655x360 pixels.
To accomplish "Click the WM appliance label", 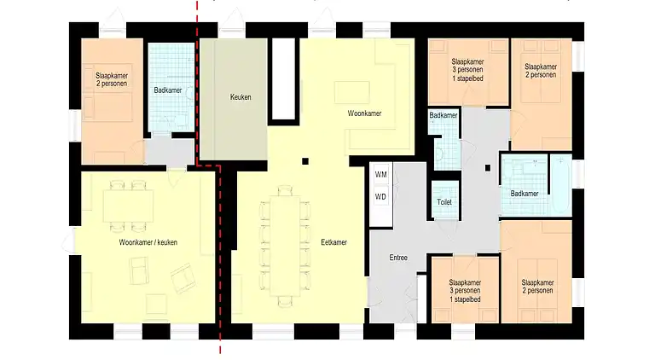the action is click(x=380, y=175).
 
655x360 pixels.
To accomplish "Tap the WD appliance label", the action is click(x=380, y=196).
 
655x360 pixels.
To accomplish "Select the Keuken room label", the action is click(x=241, y=97).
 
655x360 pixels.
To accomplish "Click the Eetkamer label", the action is click(x=333, y=242).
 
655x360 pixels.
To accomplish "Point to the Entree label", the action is click(x=398, y=258).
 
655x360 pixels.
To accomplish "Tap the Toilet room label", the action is click(x=444, y=202).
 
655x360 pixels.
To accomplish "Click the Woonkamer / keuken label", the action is click(x=148, y=242).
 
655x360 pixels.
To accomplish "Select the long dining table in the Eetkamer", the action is click(x=285, y=246).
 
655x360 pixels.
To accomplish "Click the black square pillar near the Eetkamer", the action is click(x=305, y=161).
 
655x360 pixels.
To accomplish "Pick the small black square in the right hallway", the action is click(x=488, y=168).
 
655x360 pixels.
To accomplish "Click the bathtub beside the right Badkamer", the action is click(x=560, y=184).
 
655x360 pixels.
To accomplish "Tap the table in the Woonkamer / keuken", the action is click(x=128, y=206).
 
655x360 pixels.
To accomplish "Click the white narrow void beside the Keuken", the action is click(x=284, y=79).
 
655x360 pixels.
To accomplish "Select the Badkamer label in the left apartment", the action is click(x=167, y=90).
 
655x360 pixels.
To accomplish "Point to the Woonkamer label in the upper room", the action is click(x=364, y=113).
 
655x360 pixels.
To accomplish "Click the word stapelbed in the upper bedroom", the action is click(x=467, y=78).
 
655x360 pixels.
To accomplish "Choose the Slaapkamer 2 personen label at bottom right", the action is click(x=537, y=287).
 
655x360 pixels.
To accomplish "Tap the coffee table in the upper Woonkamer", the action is click(x=351, y=92).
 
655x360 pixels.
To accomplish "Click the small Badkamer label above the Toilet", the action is click(x=443, y=115).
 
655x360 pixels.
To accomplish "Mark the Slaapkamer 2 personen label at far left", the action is click(x=112, y=79).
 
